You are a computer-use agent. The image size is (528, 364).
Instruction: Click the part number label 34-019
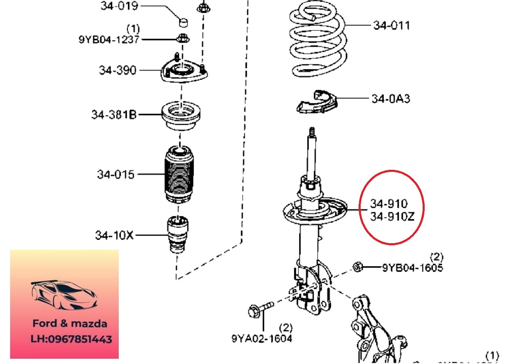tap(119, 6)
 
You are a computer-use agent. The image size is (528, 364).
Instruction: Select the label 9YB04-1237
tap(109, 39)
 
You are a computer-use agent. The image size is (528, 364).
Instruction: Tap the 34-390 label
tap(118, 70)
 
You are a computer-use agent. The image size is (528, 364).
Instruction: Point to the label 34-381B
tap(114, 115)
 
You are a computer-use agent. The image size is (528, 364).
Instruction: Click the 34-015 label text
tap(115, 175)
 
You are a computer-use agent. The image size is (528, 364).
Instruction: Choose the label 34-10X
tap(114, 235)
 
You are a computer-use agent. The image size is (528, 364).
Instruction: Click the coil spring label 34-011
tap(391, 25)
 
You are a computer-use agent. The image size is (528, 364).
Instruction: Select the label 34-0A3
tap(391, 98)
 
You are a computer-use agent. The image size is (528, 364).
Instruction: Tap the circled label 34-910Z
tap(392, 217)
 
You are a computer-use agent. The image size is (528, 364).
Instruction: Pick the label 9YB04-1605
tap(413, 268)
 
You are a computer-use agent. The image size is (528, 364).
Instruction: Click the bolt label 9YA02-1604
tap(262, 338)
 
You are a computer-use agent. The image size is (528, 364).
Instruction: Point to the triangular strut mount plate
tap(185, 73)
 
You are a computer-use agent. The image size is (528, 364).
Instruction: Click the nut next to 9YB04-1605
tap(357, 267)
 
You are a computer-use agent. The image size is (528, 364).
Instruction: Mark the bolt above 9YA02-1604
tap(259, 310)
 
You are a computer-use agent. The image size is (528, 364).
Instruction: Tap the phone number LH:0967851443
tap(71, 339)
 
